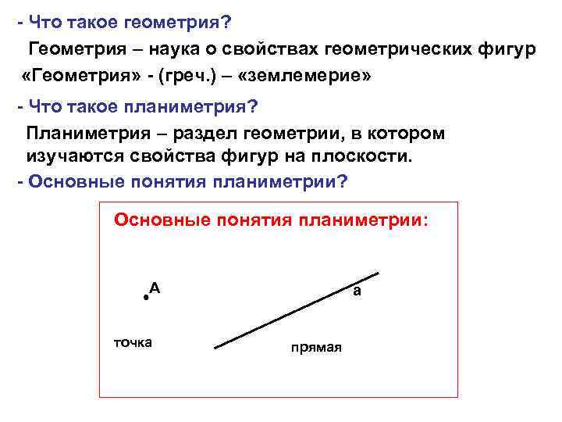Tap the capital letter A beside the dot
(x=155, y=288)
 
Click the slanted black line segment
(x=297, y=310)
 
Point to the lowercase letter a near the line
(x=356, y=291)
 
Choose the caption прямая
(x=316, y=348)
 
